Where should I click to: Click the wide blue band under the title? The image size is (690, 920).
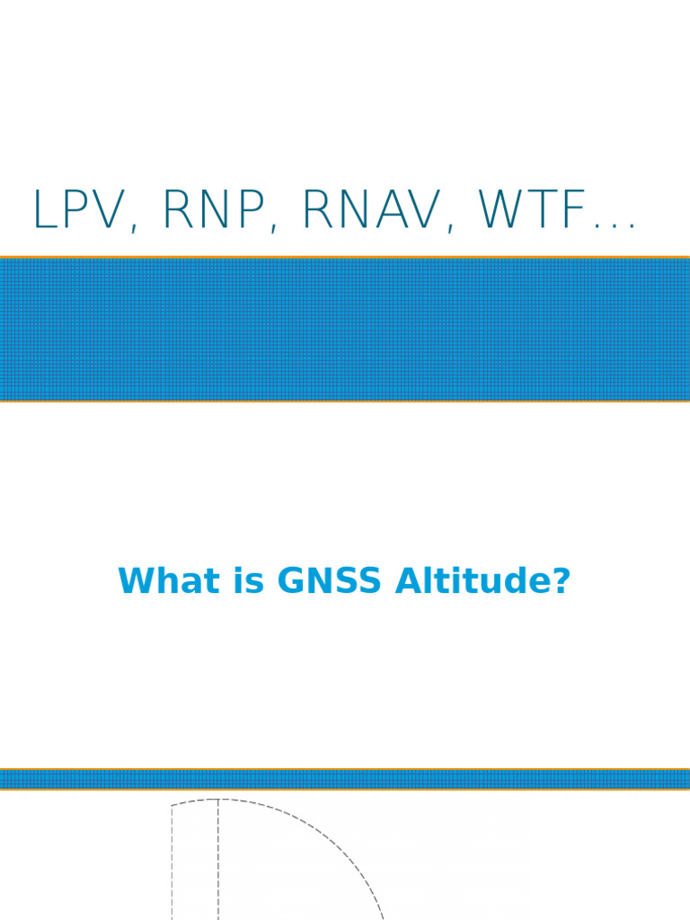click(x=345, y=330)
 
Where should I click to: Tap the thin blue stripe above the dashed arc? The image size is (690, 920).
click(x=345, y=779)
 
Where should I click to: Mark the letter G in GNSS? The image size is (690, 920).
click(x=292, y=581)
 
